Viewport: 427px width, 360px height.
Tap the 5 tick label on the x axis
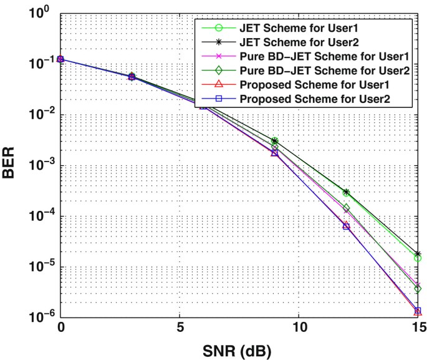(x=180, y=327)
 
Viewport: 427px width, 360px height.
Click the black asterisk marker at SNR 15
(x=418, y=254)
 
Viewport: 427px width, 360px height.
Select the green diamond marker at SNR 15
(x=418, y=289)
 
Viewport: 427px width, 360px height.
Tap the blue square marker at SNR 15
(x=418, y=311)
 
